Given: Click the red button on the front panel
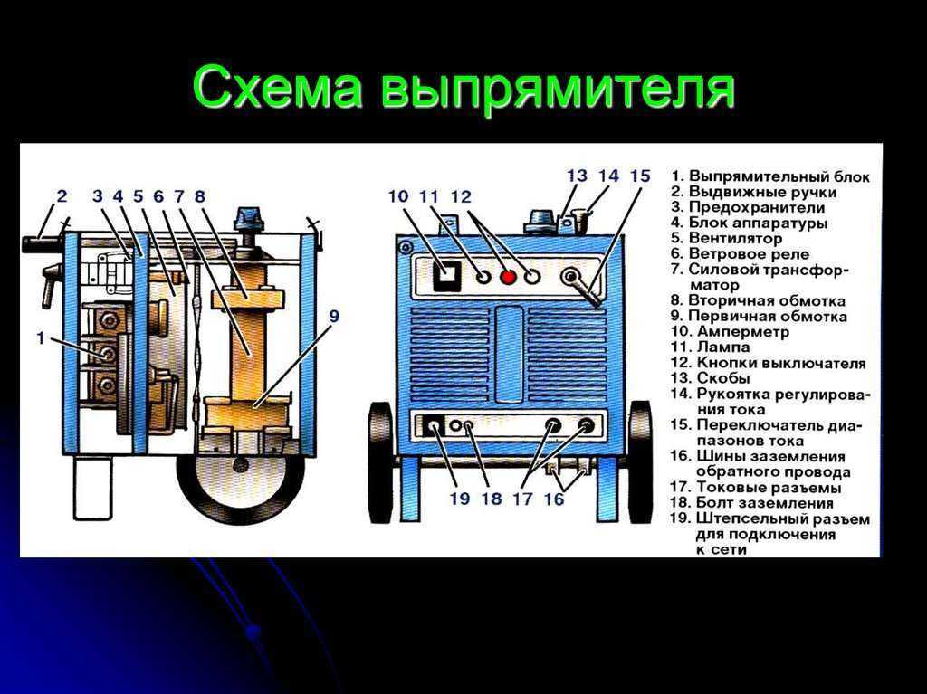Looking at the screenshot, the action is click(x=508, y=277).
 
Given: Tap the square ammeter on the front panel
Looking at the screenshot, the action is click(x=446, y=275).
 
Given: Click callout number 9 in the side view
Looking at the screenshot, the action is click(x=334, y=317).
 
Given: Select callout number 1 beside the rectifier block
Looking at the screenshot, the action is click(x=40, y=338).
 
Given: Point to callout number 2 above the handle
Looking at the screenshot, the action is click(x=62, y=195).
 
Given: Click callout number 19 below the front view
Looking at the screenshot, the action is click(x=459, y=499).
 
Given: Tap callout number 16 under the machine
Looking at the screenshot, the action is click(x=553, y=499).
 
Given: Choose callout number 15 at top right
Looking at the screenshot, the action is click(x=640, y=176).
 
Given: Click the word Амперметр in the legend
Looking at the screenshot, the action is click(x=742, y=332).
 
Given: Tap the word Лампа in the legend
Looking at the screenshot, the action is click(x=723, y=347).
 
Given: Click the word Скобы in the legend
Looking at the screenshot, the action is click(x=723, y=378).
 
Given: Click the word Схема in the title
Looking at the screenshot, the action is click(x=277, y=89).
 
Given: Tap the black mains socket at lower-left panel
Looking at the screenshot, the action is click(x=435, y=426).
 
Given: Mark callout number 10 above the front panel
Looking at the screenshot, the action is click(x=399, y=196).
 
